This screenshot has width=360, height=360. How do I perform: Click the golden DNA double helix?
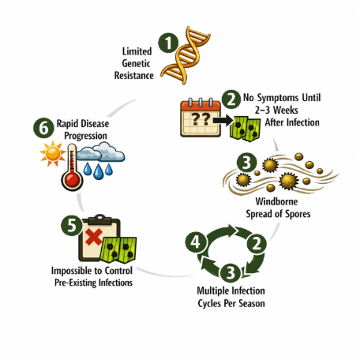pyautogui.click(x=186, y=55)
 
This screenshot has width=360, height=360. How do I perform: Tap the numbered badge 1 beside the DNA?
pyautogui.click(x=168, y=43)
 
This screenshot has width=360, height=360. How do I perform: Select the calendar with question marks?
pyautogui.click(x=201, y=118)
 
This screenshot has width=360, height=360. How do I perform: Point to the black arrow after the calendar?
pyautogui.click(x=223, y=121)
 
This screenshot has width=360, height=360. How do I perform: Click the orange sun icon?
pyautogui.click(x=53, y=154)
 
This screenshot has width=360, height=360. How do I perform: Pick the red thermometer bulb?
pyautogui.click(x=72, y=180)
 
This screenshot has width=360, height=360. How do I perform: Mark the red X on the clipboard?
pyautogui.click(x=94, y=237)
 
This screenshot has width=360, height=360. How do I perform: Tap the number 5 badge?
pyautogui.click(x=72, y=226)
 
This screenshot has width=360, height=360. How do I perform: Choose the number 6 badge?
pyautogui.click(x=43, y=128)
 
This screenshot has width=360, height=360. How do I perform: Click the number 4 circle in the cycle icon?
pyautogui.click(x=196, y=242)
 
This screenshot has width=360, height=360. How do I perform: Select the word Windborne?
pyautogui.click(x=276, y=201)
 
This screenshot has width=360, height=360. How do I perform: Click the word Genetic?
pyautogui.click(x=136, y=63)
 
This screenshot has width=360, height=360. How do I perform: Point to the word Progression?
pyautogui.click(x=85, y=136)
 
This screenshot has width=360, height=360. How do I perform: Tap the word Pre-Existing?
pyautogui.click(x=76, y=283)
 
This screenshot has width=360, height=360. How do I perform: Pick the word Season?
pyautogui.click(x=252, y=303)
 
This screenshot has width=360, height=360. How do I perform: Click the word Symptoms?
pyautogui.click(x=278, y=98)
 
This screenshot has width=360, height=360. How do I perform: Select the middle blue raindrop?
pyautogui.click(x=98, y=171)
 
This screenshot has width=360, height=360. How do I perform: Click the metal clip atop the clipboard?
pyautogui.click(x=99, y=219)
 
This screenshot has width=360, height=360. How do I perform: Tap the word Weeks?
pyautogui.click(x=286, y=110)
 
